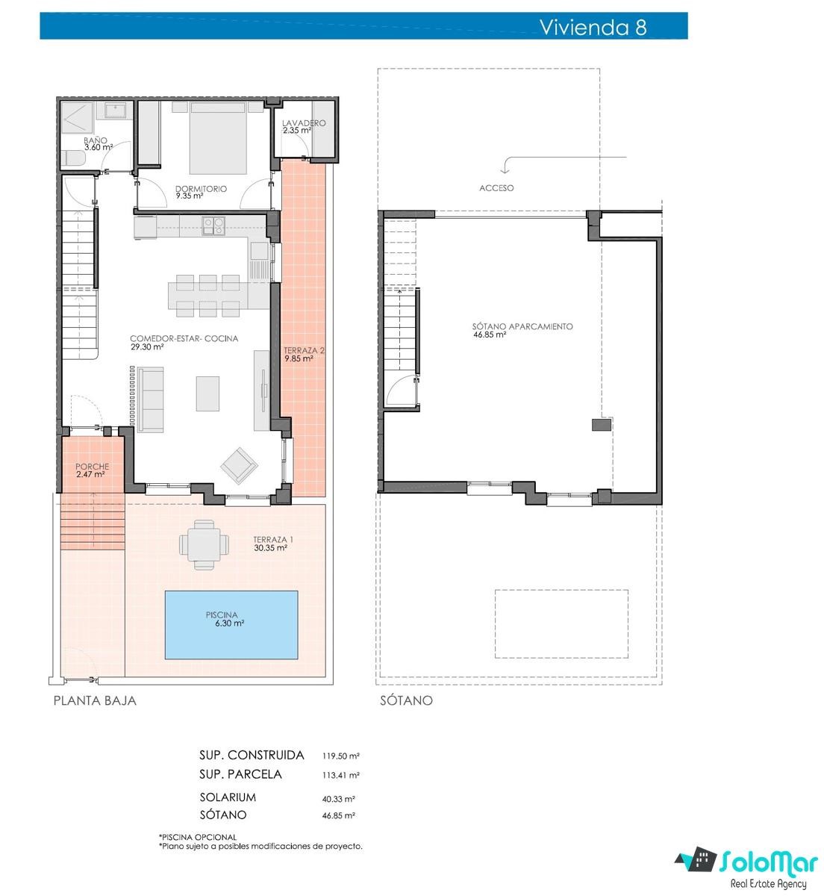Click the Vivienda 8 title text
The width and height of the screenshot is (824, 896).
(593, 27)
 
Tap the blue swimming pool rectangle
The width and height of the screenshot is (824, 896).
(231, 625)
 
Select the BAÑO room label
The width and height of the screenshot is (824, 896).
(95, 140)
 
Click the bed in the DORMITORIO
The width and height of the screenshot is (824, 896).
(218, 137)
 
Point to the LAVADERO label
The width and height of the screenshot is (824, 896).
(304, 123)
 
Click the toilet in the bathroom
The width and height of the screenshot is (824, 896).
(73, 158)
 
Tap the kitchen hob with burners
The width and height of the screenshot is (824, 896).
(213, 225)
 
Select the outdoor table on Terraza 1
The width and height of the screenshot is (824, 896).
(204, 545)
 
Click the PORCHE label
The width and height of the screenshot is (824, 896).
(92, 467)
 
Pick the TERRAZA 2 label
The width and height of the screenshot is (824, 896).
(304, 351)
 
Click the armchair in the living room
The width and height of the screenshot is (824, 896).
(239, 466)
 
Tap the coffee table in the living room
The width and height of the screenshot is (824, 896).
(207, 393)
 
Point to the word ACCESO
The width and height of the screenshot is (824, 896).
(496, 188)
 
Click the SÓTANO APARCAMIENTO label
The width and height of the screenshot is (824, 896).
(522, 326)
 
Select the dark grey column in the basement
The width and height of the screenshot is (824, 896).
(601, 424)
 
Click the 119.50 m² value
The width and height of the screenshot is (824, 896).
(341, 756)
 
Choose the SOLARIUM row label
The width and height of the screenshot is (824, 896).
(228, 797)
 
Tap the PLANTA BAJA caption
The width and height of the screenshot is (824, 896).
(95, 700)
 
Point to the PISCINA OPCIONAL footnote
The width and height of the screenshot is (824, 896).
(198, 837)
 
